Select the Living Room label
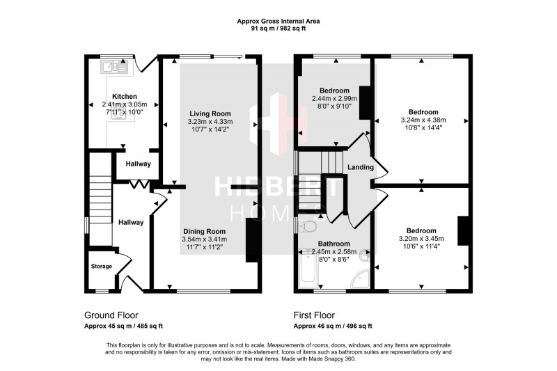(210, 113)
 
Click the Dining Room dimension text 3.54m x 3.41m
(205, 239)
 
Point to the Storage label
(101, 267)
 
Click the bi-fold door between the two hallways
(141, 184)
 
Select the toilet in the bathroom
(308, 226)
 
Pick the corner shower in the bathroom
(359, 277)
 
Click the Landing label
(361, 167)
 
